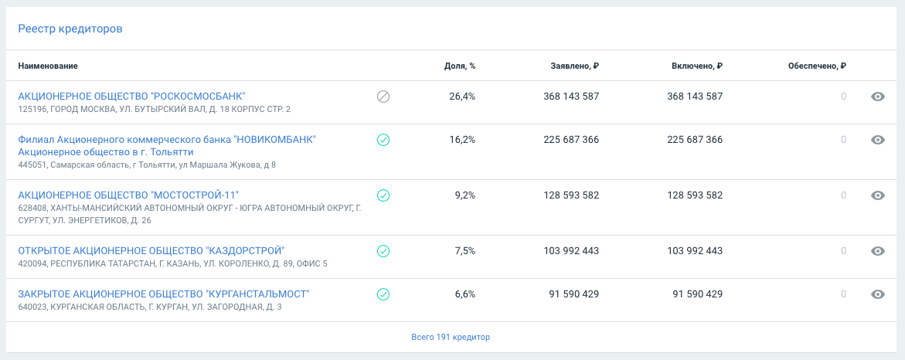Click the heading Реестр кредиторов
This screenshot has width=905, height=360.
tap(70, 29)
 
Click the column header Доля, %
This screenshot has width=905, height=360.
tap(460, 66)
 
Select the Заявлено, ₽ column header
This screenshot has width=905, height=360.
tap(574, 66)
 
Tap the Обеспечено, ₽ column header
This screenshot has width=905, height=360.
tap(817, 66)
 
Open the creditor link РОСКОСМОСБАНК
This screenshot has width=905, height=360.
tap(131, 97)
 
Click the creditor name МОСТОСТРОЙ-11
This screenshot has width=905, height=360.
tap(128, 195)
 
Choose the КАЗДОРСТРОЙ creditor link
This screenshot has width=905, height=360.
tap(151, 251)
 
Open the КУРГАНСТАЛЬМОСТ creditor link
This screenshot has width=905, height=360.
tap(163, 294)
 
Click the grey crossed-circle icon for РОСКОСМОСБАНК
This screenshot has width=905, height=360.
tap(383, 97)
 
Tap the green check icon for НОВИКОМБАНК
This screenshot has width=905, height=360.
tap(383, 140)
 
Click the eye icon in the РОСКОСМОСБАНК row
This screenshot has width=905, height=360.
tap(877, 97)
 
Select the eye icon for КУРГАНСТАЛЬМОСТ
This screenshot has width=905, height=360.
tap(877, 294)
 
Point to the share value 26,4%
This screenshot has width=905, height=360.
tap(462, 97)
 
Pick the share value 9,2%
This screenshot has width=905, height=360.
tap(465, 195)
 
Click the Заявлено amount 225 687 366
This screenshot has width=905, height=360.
tap(571, 140)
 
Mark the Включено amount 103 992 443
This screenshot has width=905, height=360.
tap(695, 251)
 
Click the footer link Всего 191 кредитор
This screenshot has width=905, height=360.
tap(451, 337)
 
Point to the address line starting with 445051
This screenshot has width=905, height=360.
tap(147, 165)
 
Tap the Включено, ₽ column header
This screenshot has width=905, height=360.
tap(697, 66)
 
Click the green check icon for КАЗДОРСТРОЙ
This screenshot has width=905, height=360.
tap(383, 251)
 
